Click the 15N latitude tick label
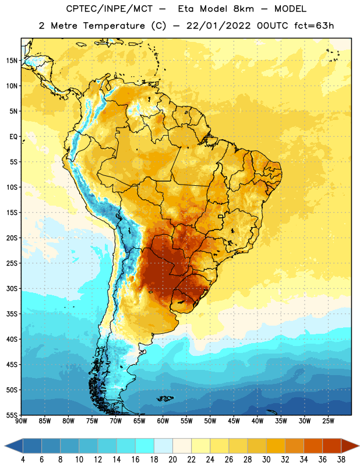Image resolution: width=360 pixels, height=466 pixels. click(x=12, y=61)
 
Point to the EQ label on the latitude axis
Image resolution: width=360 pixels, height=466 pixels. click(x=13, y=137)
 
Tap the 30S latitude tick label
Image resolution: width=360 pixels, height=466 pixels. click(x=12, y=288)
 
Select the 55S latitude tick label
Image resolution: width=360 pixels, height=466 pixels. click(x=12, y=415)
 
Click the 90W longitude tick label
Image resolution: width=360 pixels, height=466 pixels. click(x=21, y=421)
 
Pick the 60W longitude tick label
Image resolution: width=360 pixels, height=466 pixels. click(x=163, y=421)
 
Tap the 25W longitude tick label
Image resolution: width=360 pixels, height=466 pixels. click(x=328, y=421)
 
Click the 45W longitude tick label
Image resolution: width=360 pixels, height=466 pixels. click(x=234, y=421)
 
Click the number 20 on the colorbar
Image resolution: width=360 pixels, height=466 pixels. click(x=172, y=460)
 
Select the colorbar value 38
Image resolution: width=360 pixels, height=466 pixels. click(x=341, y=460)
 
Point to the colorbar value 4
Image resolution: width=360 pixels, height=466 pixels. click(x=23, y=460)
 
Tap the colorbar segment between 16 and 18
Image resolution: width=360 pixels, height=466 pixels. click(x=145, y=446)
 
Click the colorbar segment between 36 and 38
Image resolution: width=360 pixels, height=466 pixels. click(x=332, y=446)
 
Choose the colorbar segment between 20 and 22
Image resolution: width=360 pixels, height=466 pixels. click(x=182, y=446)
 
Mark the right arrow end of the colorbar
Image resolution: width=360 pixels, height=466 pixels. click(x=350, y=446)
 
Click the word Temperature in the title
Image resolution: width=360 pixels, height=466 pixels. click(x=114, y=26)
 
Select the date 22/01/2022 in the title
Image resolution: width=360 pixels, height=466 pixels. click(x=219, y=26)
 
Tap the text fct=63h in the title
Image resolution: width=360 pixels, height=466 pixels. click(x=314, y=26)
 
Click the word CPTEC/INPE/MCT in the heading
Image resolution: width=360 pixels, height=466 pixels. click(x=109, y=9)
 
